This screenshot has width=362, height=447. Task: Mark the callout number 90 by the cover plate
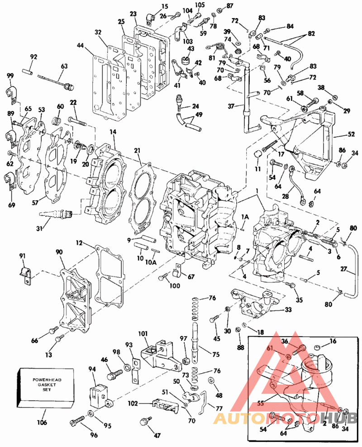coord(59,252)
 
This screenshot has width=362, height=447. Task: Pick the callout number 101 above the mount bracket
coord(143,334)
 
